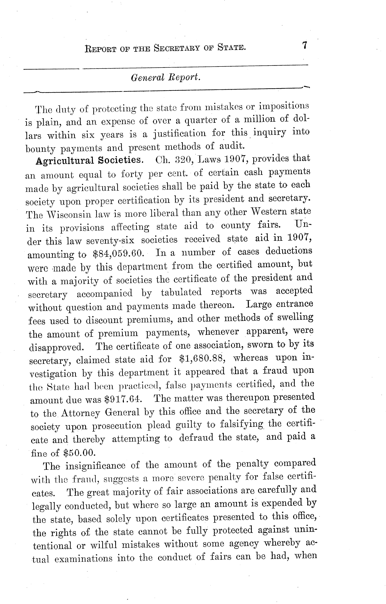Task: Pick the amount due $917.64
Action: pos(123,399)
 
